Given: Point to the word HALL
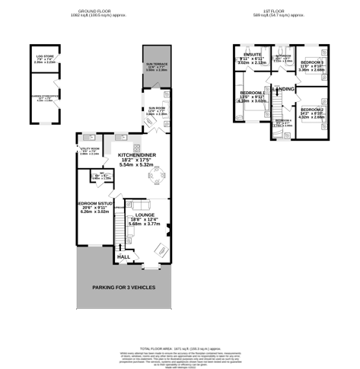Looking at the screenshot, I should pyautogui.click(x=123, y=257).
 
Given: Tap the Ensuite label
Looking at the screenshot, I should pyautogui.click(x=253, y=56).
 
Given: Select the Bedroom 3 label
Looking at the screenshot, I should pyautogui.click(x=313, y=62).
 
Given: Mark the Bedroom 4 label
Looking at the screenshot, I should pyautogui.click(x=283, y=121).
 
